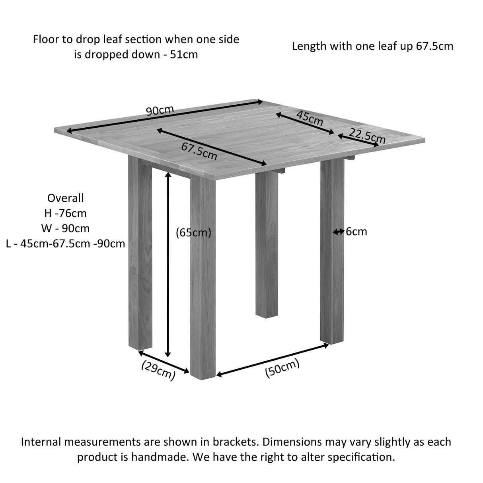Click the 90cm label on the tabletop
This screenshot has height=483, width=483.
(160, 110)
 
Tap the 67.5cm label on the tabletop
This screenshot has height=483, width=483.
(199, 151)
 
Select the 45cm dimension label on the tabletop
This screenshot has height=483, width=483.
(310, 118)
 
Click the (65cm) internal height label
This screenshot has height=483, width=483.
(193, 233)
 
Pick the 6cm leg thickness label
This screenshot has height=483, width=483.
(356, 232)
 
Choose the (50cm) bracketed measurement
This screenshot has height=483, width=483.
(282, 368)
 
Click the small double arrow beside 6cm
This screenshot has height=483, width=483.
(339, 232)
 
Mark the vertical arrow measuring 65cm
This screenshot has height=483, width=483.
(168, 265)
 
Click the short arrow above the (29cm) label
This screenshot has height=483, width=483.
(164, 362)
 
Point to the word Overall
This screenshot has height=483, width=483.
(65, 198)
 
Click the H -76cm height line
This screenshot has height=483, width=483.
(65, 213)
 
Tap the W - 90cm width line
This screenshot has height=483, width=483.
(65, 228)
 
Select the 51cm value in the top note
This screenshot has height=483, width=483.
(184, 55)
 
